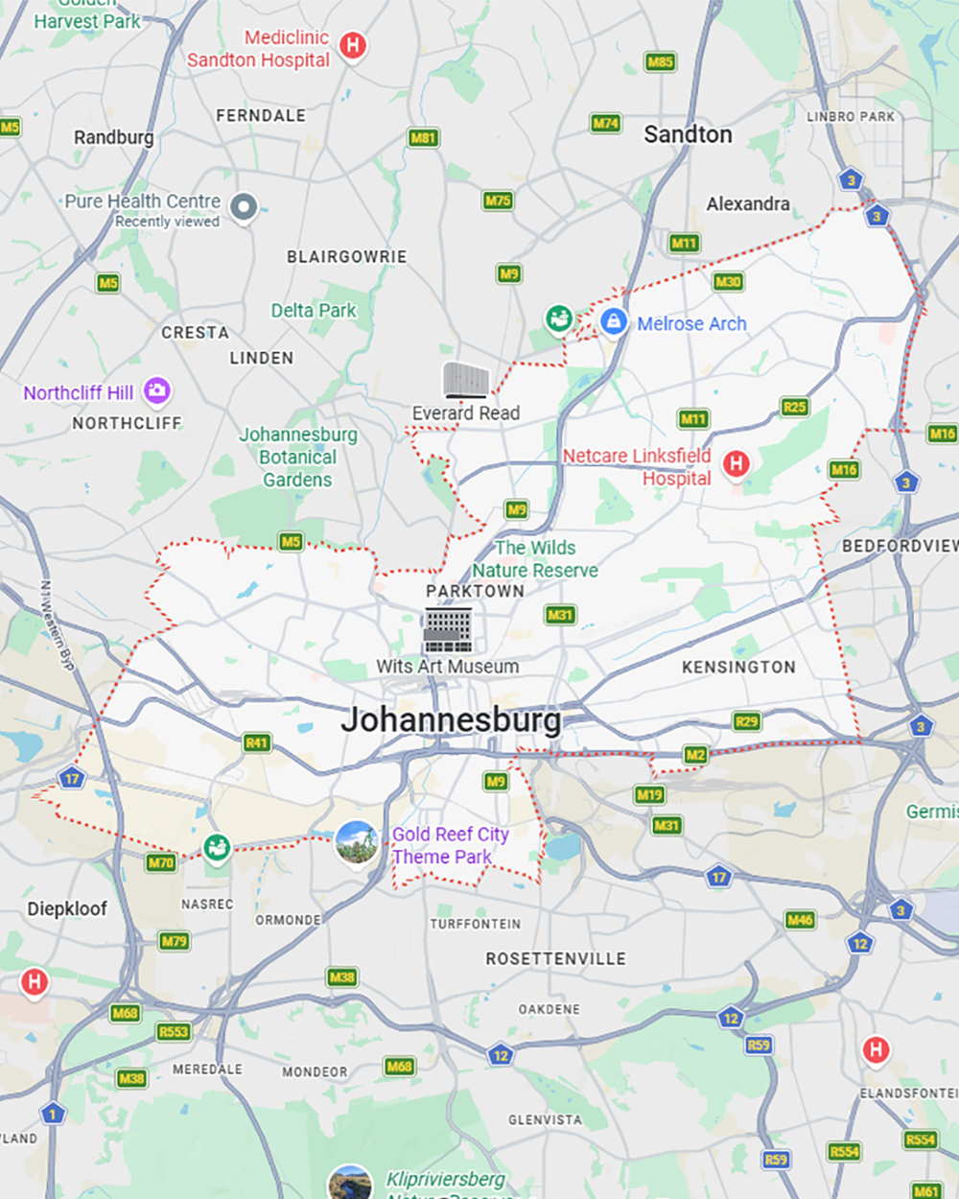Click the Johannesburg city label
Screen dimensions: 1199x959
[x=451, y=719]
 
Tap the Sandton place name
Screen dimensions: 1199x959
[x=688, y=134]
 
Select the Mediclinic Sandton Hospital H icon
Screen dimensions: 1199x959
[x=353, y=44]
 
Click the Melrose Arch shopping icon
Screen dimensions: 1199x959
[x=614, y=321]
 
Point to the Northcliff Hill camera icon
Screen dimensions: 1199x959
[x=156, y=390]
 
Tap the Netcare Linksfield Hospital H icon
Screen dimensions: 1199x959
[x=736, y=464]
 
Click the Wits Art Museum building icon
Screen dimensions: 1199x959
[x=447, y=629]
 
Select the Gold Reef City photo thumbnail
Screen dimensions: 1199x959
[x=357, y=842]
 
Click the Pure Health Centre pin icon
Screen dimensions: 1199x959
[x=245, y=205]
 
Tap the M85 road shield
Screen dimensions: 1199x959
[x=660, y=62]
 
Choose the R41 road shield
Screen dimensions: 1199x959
[x=256, y=742]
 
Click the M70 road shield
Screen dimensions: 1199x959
[x=160, y=862]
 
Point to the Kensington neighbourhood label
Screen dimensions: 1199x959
[x=738, y=667]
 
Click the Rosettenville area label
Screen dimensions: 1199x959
[x=555, y=958]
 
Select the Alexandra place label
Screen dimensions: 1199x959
[x=748, y=203]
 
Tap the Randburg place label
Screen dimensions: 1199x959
[x=113, y=137]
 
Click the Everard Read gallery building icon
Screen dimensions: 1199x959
[x=466, y=380]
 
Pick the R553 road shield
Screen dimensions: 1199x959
[x=174, y=1032]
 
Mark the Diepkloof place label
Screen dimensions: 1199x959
[x=67, y=908]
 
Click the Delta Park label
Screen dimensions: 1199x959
[x=313, y=310]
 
